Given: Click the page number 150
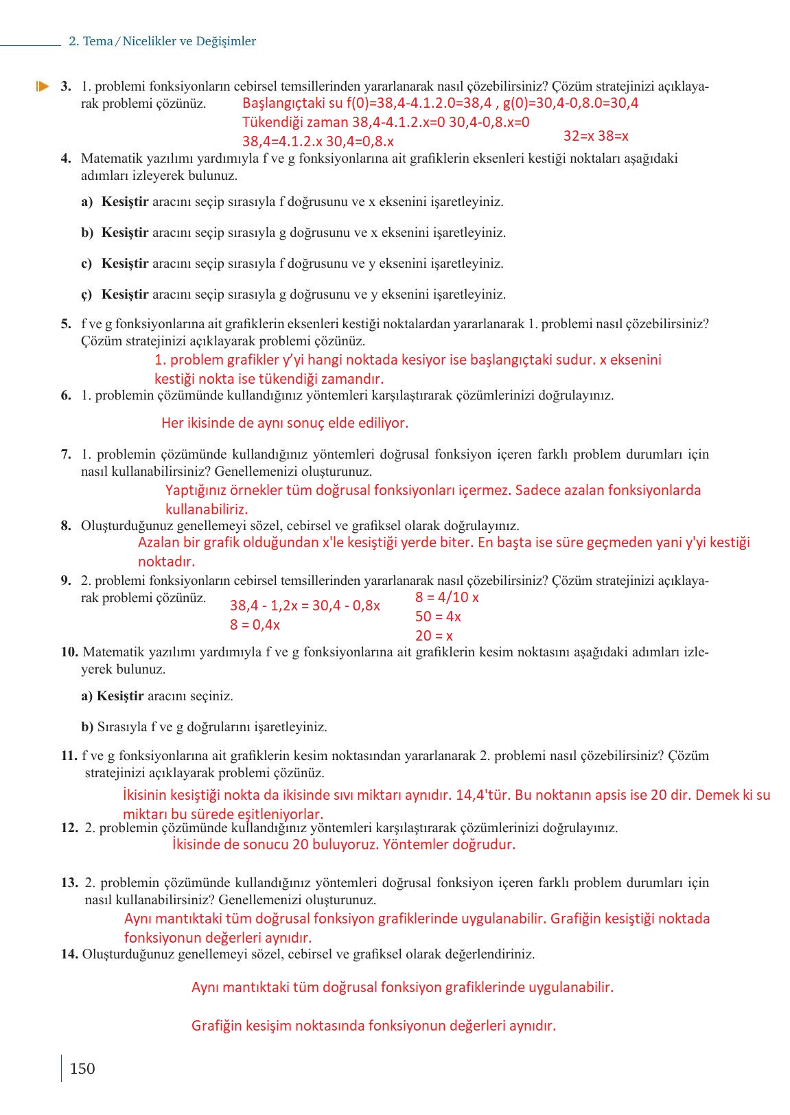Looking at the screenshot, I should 82,1068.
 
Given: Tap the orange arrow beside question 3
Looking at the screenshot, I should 43,87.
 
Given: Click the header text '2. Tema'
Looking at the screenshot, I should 91,41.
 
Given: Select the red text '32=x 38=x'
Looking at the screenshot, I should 596,136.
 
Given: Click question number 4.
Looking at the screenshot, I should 66,159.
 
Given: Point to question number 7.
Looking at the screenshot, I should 66,455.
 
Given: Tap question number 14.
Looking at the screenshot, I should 69,954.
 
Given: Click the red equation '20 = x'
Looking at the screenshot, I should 434,636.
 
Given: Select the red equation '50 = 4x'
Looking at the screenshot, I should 438,617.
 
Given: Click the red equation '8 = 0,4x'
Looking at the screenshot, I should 255,625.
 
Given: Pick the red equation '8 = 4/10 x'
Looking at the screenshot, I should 447,597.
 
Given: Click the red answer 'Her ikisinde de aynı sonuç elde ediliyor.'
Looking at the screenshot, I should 285,423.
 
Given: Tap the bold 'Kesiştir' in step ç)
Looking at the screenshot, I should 125,295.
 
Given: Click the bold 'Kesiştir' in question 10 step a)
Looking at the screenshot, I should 120,696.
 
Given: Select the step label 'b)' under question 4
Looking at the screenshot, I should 87,233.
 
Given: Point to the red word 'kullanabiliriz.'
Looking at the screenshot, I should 207,509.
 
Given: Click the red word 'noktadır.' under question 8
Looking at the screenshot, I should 167,562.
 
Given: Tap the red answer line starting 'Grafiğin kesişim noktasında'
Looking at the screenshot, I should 373,1026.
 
